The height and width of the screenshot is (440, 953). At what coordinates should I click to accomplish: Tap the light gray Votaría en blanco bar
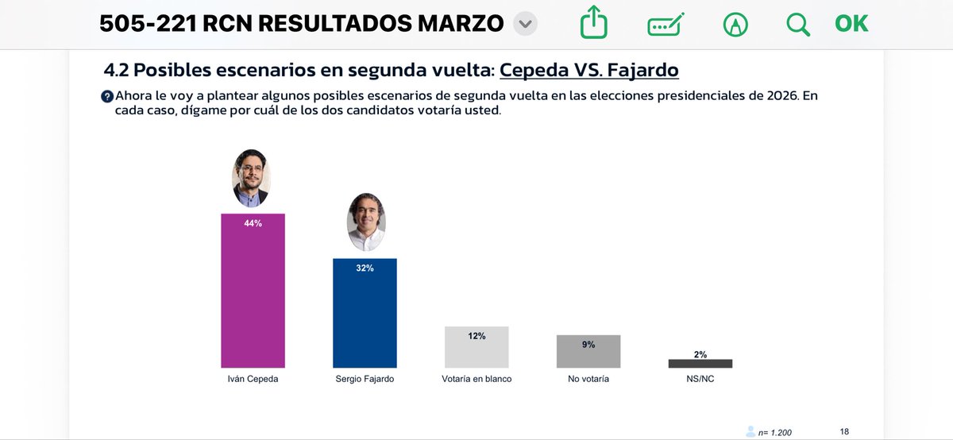point(476,350)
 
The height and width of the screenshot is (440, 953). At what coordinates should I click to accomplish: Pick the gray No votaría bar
point(588,354)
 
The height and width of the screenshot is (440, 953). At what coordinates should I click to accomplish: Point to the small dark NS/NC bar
point(700,364)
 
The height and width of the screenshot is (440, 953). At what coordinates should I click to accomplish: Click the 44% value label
point(253,224)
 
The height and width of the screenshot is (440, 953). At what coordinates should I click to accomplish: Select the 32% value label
point(365,268)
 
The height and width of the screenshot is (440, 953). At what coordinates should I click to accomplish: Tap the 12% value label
point(476,336)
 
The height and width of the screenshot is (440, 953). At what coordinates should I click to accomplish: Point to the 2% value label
point(700,354)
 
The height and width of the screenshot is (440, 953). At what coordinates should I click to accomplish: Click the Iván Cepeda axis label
point(253,380)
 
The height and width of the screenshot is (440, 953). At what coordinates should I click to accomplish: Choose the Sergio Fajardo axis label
point(365,380)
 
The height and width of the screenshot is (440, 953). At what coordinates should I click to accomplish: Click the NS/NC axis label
point(700,380)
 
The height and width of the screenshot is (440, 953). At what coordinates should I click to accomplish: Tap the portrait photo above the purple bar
point(252,179)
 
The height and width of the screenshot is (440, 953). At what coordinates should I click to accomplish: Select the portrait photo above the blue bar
point(366,223)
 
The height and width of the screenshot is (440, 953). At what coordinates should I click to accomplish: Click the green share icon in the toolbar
point(593,24)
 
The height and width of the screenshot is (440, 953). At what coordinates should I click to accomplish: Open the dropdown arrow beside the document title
point(524,25)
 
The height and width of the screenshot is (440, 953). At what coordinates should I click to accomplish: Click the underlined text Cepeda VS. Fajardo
point(588,70)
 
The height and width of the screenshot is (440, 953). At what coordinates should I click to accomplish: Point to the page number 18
point(844,431)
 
